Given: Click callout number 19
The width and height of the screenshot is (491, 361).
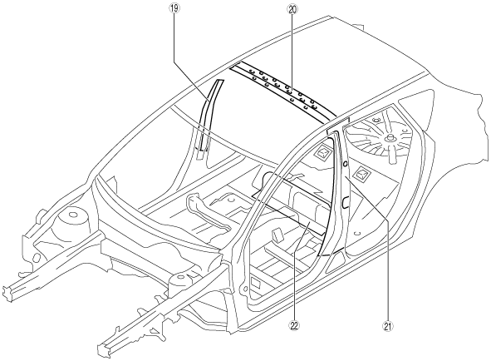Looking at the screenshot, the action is tap(174, 8).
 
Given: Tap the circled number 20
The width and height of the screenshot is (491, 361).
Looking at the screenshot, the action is tap(292, 9).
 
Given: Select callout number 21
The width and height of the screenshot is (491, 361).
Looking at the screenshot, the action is tap(387, 327).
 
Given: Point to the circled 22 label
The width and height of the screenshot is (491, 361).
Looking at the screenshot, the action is tap(294, 326).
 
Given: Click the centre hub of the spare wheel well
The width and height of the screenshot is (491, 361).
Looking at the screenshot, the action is tap(390, 138).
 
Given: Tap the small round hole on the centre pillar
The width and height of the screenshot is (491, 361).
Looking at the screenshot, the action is tap(345, 164).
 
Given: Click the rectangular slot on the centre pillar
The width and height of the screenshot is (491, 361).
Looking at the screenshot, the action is tap(345, 203).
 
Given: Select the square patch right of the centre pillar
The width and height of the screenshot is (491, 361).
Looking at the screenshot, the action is tap(361, 173).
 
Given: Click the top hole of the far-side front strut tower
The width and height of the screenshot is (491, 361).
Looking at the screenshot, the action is tap(72, 215).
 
